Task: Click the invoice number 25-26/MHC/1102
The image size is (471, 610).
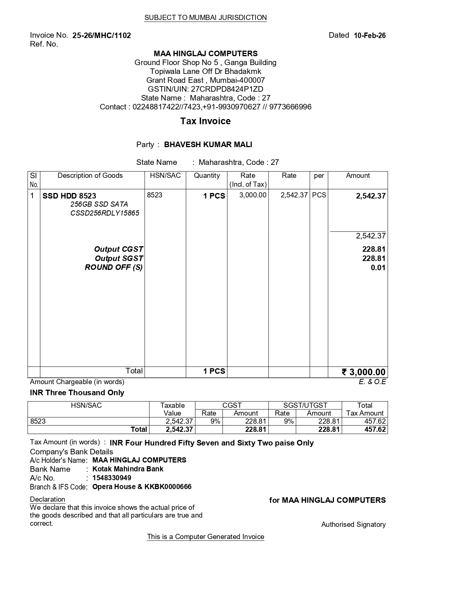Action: (102, 35)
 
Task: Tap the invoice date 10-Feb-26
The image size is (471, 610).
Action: (369, 35)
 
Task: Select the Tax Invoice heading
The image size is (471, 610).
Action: (205, 121)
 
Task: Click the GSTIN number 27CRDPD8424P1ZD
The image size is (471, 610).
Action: (227, 89)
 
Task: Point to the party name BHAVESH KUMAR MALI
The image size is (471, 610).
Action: (208, 145)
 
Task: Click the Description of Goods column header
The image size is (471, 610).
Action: (90, 176)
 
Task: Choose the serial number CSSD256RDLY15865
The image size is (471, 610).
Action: (105, 213)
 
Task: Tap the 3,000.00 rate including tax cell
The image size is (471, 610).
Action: (253, 195)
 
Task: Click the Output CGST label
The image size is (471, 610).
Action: (119, 249)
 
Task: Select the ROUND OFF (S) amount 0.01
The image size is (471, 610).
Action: (378, 268)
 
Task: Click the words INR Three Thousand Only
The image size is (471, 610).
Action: (77, 393)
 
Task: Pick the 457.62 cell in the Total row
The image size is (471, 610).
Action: (375, 430)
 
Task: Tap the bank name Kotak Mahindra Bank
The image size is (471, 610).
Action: (128, 469)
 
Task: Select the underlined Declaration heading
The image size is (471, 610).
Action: (47, 499)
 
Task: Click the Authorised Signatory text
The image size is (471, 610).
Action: (353, 525)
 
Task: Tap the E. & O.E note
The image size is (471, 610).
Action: (372, 382)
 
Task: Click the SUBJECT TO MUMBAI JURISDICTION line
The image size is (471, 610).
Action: (205, 18)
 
